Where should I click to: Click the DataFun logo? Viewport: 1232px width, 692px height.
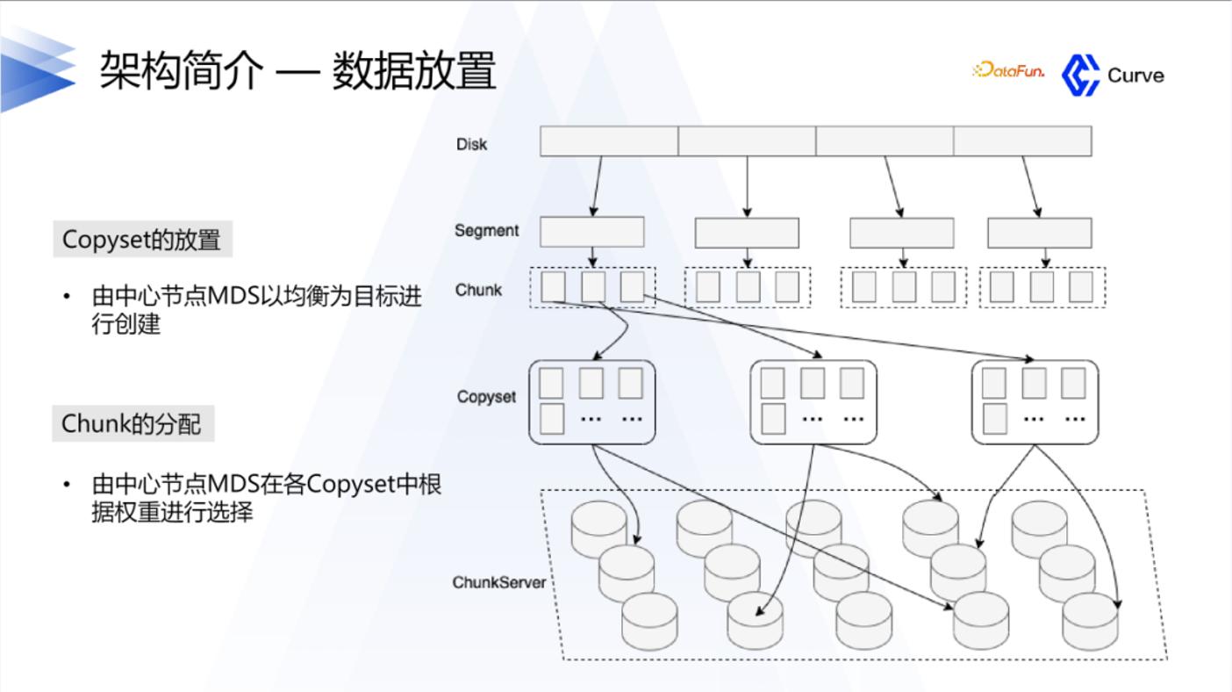(1008, 70)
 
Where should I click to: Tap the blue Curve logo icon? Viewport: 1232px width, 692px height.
(1080, 76)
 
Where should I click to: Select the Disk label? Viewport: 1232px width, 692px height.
(471, 144)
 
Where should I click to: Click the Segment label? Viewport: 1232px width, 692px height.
(486, 230)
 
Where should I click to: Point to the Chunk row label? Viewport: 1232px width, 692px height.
(478, 290)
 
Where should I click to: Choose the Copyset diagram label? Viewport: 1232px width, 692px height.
(486, 396)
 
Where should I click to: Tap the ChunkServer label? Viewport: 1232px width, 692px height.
(498, 582)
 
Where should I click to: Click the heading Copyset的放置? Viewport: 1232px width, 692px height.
(142, 239)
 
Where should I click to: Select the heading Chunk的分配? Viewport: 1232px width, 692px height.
(132, 423)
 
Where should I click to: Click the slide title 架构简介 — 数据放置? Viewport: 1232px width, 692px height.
(297, 70)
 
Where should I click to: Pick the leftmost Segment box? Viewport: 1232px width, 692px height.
(591, 232)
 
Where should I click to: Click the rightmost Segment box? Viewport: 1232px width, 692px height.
(1040, 233)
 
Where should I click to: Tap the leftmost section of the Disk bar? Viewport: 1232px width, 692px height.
(609, 141)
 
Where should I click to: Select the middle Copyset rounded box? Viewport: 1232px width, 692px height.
(813, 402)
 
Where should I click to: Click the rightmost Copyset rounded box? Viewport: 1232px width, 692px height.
(1035, 402)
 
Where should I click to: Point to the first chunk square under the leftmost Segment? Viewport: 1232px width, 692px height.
(554, 286)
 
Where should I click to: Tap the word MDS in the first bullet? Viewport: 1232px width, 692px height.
(233, 296)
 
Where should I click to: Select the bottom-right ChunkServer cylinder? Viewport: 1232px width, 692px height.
(1090, 622)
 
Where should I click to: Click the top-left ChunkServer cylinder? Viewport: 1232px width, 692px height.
(599, 529)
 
